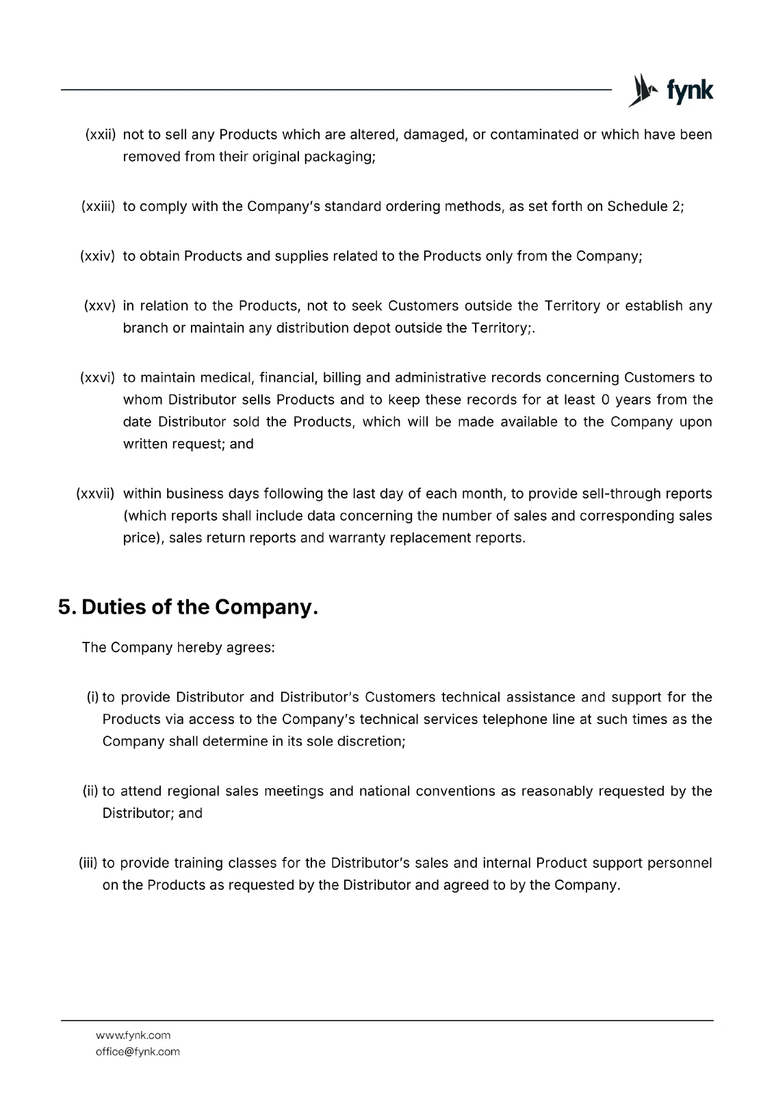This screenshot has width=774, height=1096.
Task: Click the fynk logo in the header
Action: pyautogui.click(x=671, y=90)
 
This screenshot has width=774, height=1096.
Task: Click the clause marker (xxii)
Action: pyautogui.click(x=100, y=134)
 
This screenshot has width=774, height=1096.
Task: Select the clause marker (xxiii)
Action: pyautogui.click(x=98, y=206)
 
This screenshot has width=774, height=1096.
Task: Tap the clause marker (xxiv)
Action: pyautogui.click(x=98, y=256)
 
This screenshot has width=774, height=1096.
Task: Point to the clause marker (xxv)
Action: pyautogui.click(x=99, y=306)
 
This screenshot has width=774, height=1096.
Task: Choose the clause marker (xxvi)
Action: pyautogui.click(x=98, y=377)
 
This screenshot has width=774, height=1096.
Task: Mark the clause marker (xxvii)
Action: pyautogui.click(x=96, y=493)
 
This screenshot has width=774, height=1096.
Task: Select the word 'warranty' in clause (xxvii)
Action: pyautogui.click(x=355, y=537)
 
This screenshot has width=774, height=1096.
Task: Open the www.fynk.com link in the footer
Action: pyautogui.click(x=133, y=1035)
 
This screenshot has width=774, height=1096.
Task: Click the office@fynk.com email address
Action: pyautogui.click(x=138, y=1051)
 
